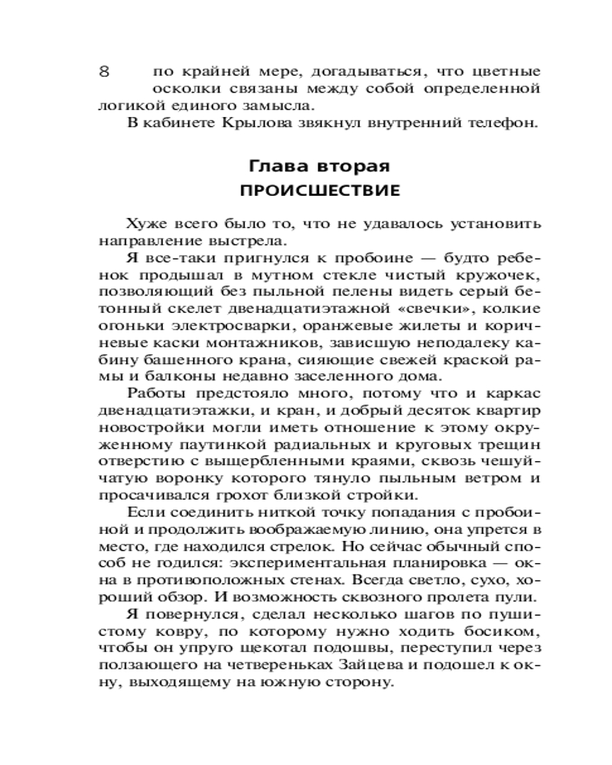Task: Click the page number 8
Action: tap(105, 72)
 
